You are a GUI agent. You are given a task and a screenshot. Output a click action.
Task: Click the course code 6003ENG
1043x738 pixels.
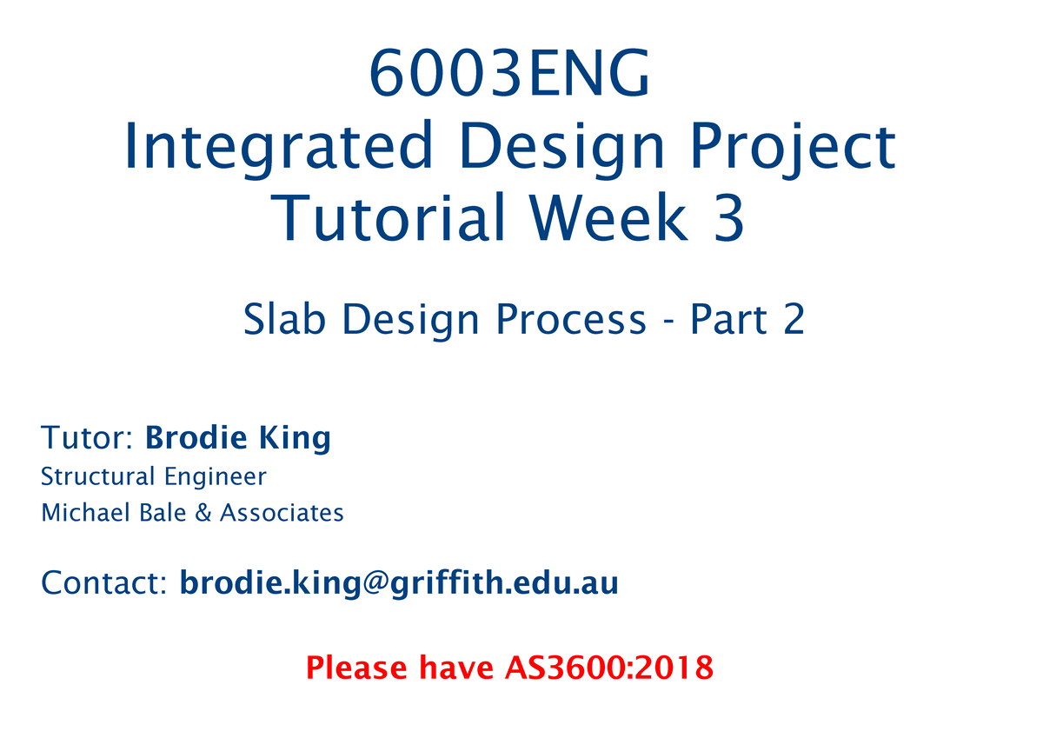click(509, 76)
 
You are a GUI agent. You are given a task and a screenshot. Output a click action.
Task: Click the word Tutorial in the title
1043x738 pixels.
click(388, 219)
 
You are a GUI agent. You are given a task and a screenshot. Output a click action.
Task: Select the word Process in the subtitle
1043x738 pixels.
click(571, 321)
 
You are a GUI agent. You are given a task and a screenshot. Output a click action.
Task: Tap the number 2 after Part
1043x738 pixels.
click(792, 321)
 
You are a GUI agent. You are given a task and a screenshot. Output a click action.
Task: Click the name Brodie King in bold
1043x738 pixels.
click(238, 438)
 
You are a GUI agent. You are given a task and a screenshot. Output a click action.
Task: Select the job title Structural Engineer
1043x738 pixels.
click(154, 477)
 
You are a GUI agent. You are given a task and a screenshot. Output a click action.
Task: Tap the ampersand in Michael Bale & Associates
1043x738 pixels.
click(203, 514)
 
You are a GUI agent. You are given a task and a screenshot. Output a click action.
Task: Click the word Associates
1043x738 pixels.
click(282, 514)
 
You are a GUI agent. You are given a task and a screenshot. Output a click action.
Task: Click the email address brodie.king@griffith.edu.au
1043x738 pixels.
click(399, 582)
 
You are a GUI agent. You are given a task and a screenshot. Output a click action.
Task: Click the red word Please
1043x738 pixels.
click(356, 668)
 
